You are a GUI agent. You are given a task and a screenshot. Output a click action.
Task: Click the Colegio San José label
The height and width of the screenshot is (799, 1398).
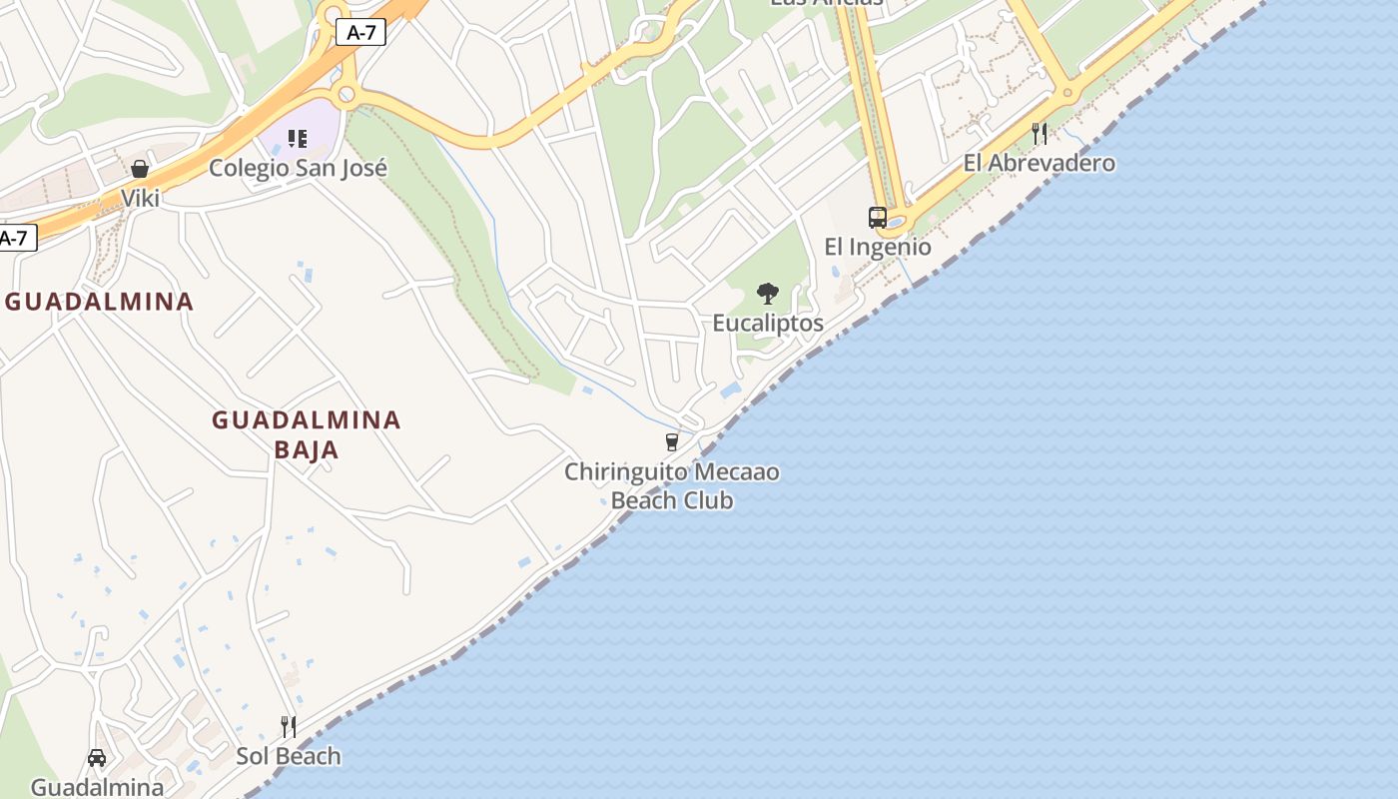point(298,168)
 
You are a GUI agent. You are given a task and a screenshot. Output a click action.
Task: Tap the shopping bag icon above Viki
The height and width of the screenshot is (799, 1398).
point(140,169)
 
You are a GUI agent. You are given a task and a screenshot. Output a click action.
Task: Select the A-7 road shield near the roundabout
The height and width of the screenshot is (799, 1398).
point(360,33)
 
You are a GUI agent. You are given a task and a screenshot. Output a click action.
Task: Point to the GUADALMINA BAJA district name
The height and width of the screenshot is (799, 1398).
point(306,434)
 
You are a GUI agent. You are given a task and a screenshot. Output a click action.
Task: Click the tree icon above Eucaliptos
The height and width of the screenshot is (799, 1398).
point(767,294)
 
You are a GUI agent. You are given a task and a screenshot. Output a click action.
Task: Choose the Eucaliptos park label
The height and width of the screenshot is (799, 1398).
point(767,323)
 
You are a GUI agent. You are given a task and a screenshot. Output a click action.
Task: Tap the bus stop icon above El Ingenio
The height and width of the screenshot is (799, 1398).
point(877,218)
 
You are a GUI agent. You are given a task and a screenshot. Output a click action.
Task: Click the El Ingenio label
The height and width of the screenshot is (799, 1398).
point(877,247)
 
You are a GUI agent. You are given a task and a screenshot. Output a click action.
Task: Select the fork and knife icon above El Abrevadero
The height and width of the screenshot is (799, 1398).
point(1040,134)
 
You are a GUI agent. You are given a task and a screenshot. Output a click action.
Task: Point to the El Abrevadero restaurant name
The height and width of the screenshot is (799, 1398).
point(1039,163)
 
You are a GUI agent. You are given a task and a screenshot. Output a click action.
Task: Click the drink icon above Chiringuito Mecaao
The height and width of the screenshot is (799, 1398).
point(672,441)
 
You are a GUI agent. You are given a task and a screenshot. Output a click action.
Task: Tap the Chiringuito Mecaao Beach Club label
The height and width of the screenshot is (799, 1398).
point(672,485)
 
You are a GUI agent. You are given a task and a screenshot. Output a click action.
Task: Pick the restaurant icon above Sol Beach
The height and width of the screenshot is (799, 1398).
point(289,727)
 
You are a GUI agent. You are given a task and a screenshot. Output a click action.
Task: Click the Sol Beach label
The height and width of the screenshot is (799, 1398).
point(289,756)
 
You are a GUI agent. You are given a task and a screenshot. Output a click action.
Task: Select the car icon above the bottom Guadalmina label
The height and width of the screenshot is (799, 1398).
point(97,758)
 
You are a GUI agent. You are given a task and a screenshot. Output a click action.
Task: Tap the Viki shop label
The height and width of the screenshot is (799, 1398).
point(141,198)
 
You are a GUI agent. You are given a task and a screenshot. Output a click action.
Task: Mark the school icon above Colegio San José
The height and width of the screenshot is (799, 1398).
point(297,139)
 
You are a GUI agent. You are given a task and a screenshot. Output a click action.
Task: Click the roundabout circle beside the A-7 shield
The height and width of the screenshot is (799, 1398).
point(347,95)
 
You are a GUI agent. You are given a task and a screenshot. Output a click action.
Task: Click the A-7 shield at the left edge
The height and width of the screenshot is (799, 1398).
point(15,239)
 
